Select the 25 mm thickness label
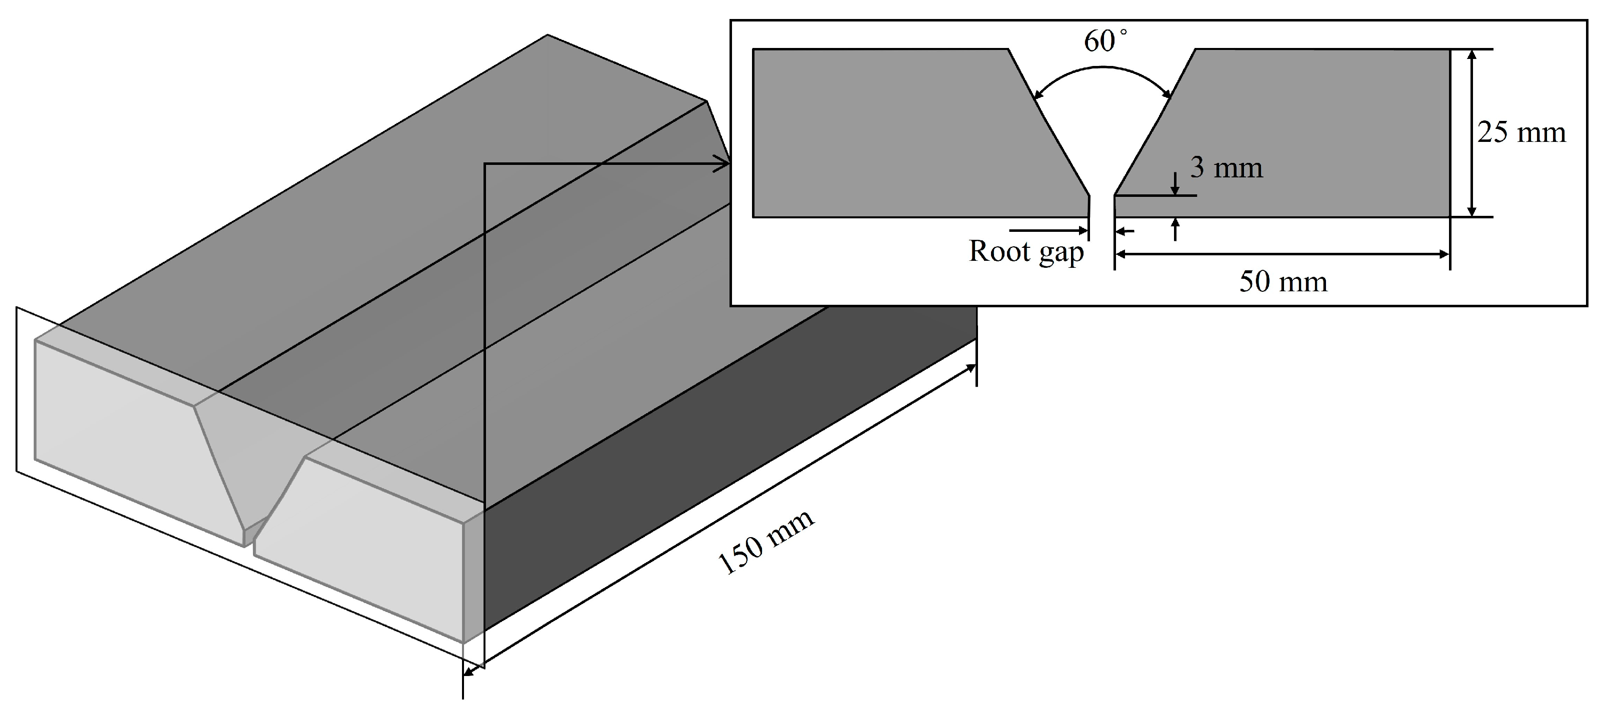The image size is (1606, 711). [1521, 133]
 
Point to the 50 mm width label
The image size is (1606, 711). [1283, 282]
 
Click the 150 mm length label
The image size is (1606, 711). [766, 543]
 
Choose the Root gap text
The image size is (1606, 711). [1026, 252]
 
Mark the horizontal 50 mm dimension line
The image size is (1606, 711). [1282, 254]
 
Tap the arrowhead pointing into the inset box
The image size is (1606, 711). [722, 164]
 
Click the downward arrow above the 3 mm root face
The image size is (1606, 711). [1175, 184]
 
